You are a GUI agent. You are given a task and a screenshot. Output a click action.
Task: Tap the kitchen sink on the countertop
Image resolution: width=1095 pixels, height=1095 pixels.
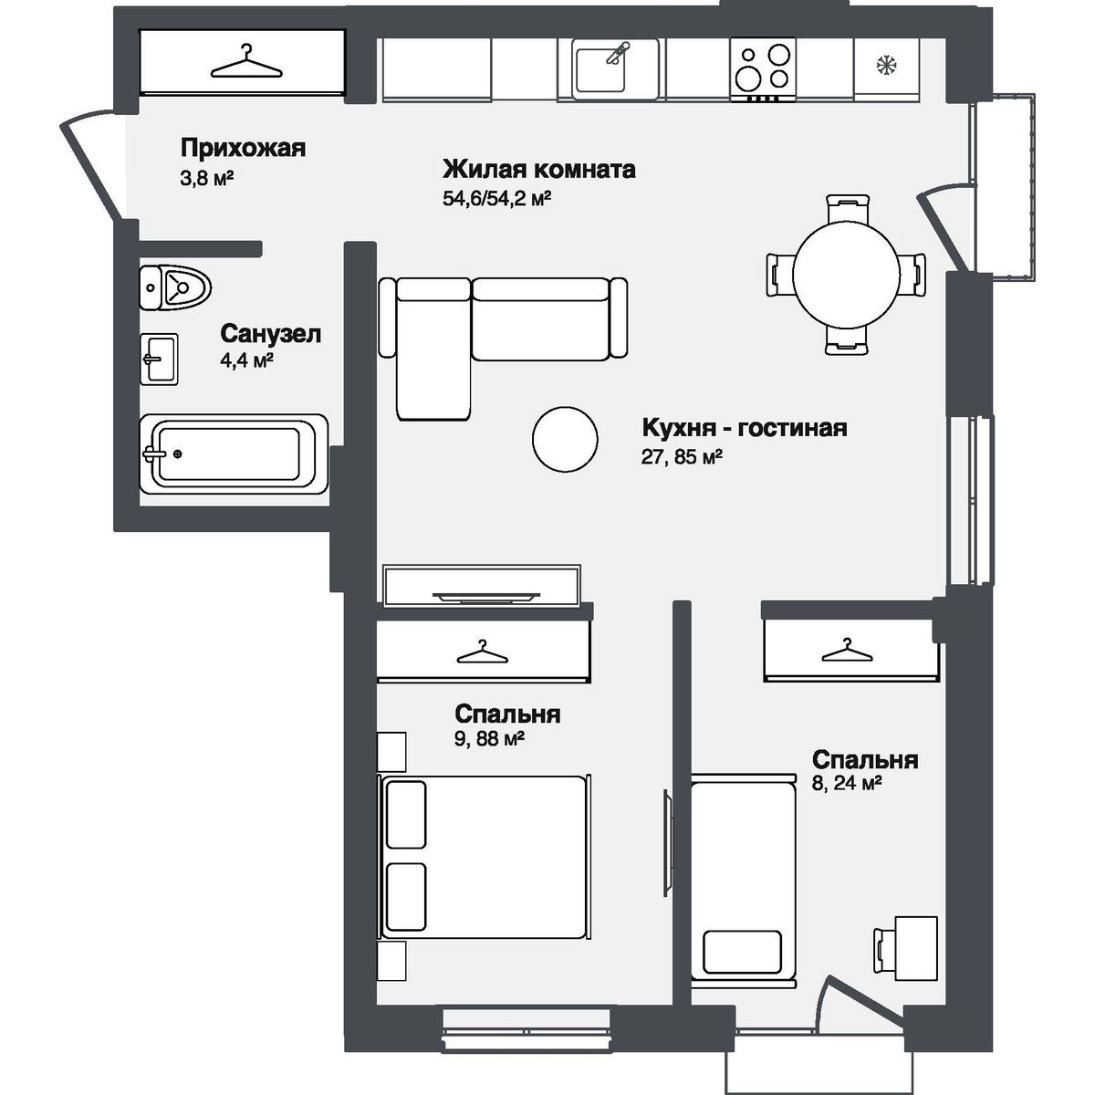coord(615,68)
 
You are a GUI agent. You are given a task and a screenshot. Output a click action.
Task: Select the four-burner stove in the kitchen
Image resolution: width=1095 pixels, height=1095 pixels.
coord(761,68)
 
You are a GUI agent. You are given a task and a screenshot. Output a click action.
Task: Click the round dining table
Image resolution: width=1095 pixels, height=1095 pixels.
coord(845,272)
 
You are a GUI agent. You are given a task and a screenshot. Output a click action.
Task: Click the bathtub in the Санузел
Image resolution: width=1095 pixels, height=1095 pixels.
coord(234,454)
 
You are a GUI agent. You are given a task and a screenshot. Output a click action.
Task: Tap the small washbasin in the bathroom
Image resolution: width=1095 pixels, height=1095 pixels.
coord(159,359)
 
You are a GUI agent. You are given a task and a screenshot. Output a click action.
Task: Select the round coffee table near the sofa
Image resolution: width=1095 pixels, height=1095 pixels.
coord(566,438)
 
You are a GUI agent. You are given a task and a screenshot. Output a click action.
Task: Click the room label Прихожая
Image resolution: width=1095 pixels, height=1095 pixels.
coord(243,149)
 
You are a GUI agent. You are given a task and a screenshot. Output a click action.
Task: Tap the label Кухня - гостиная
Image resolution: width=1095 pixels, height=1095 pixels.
coord(745,428)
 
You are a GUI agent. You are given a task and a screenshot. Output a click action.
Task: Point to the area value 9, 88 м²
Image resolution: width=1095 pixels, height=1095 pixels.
coord(489,740)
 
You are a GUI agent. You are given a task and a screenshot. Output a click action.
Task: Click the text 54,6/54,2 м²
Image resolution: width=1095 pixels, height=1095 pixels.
coord(498,198)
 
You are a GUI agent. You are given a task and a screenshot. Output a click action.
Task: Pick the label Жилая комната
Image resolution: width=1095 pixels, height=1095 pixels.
coord(538,170)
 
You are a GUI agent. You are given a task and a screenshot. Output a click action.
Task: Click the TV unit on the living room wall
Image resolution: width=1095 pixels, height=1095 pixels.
coord(481,586)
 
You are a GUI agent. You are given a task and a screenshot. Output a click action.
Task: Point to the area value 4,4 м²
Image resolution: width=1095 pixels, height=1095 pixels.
coord(246,360)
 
